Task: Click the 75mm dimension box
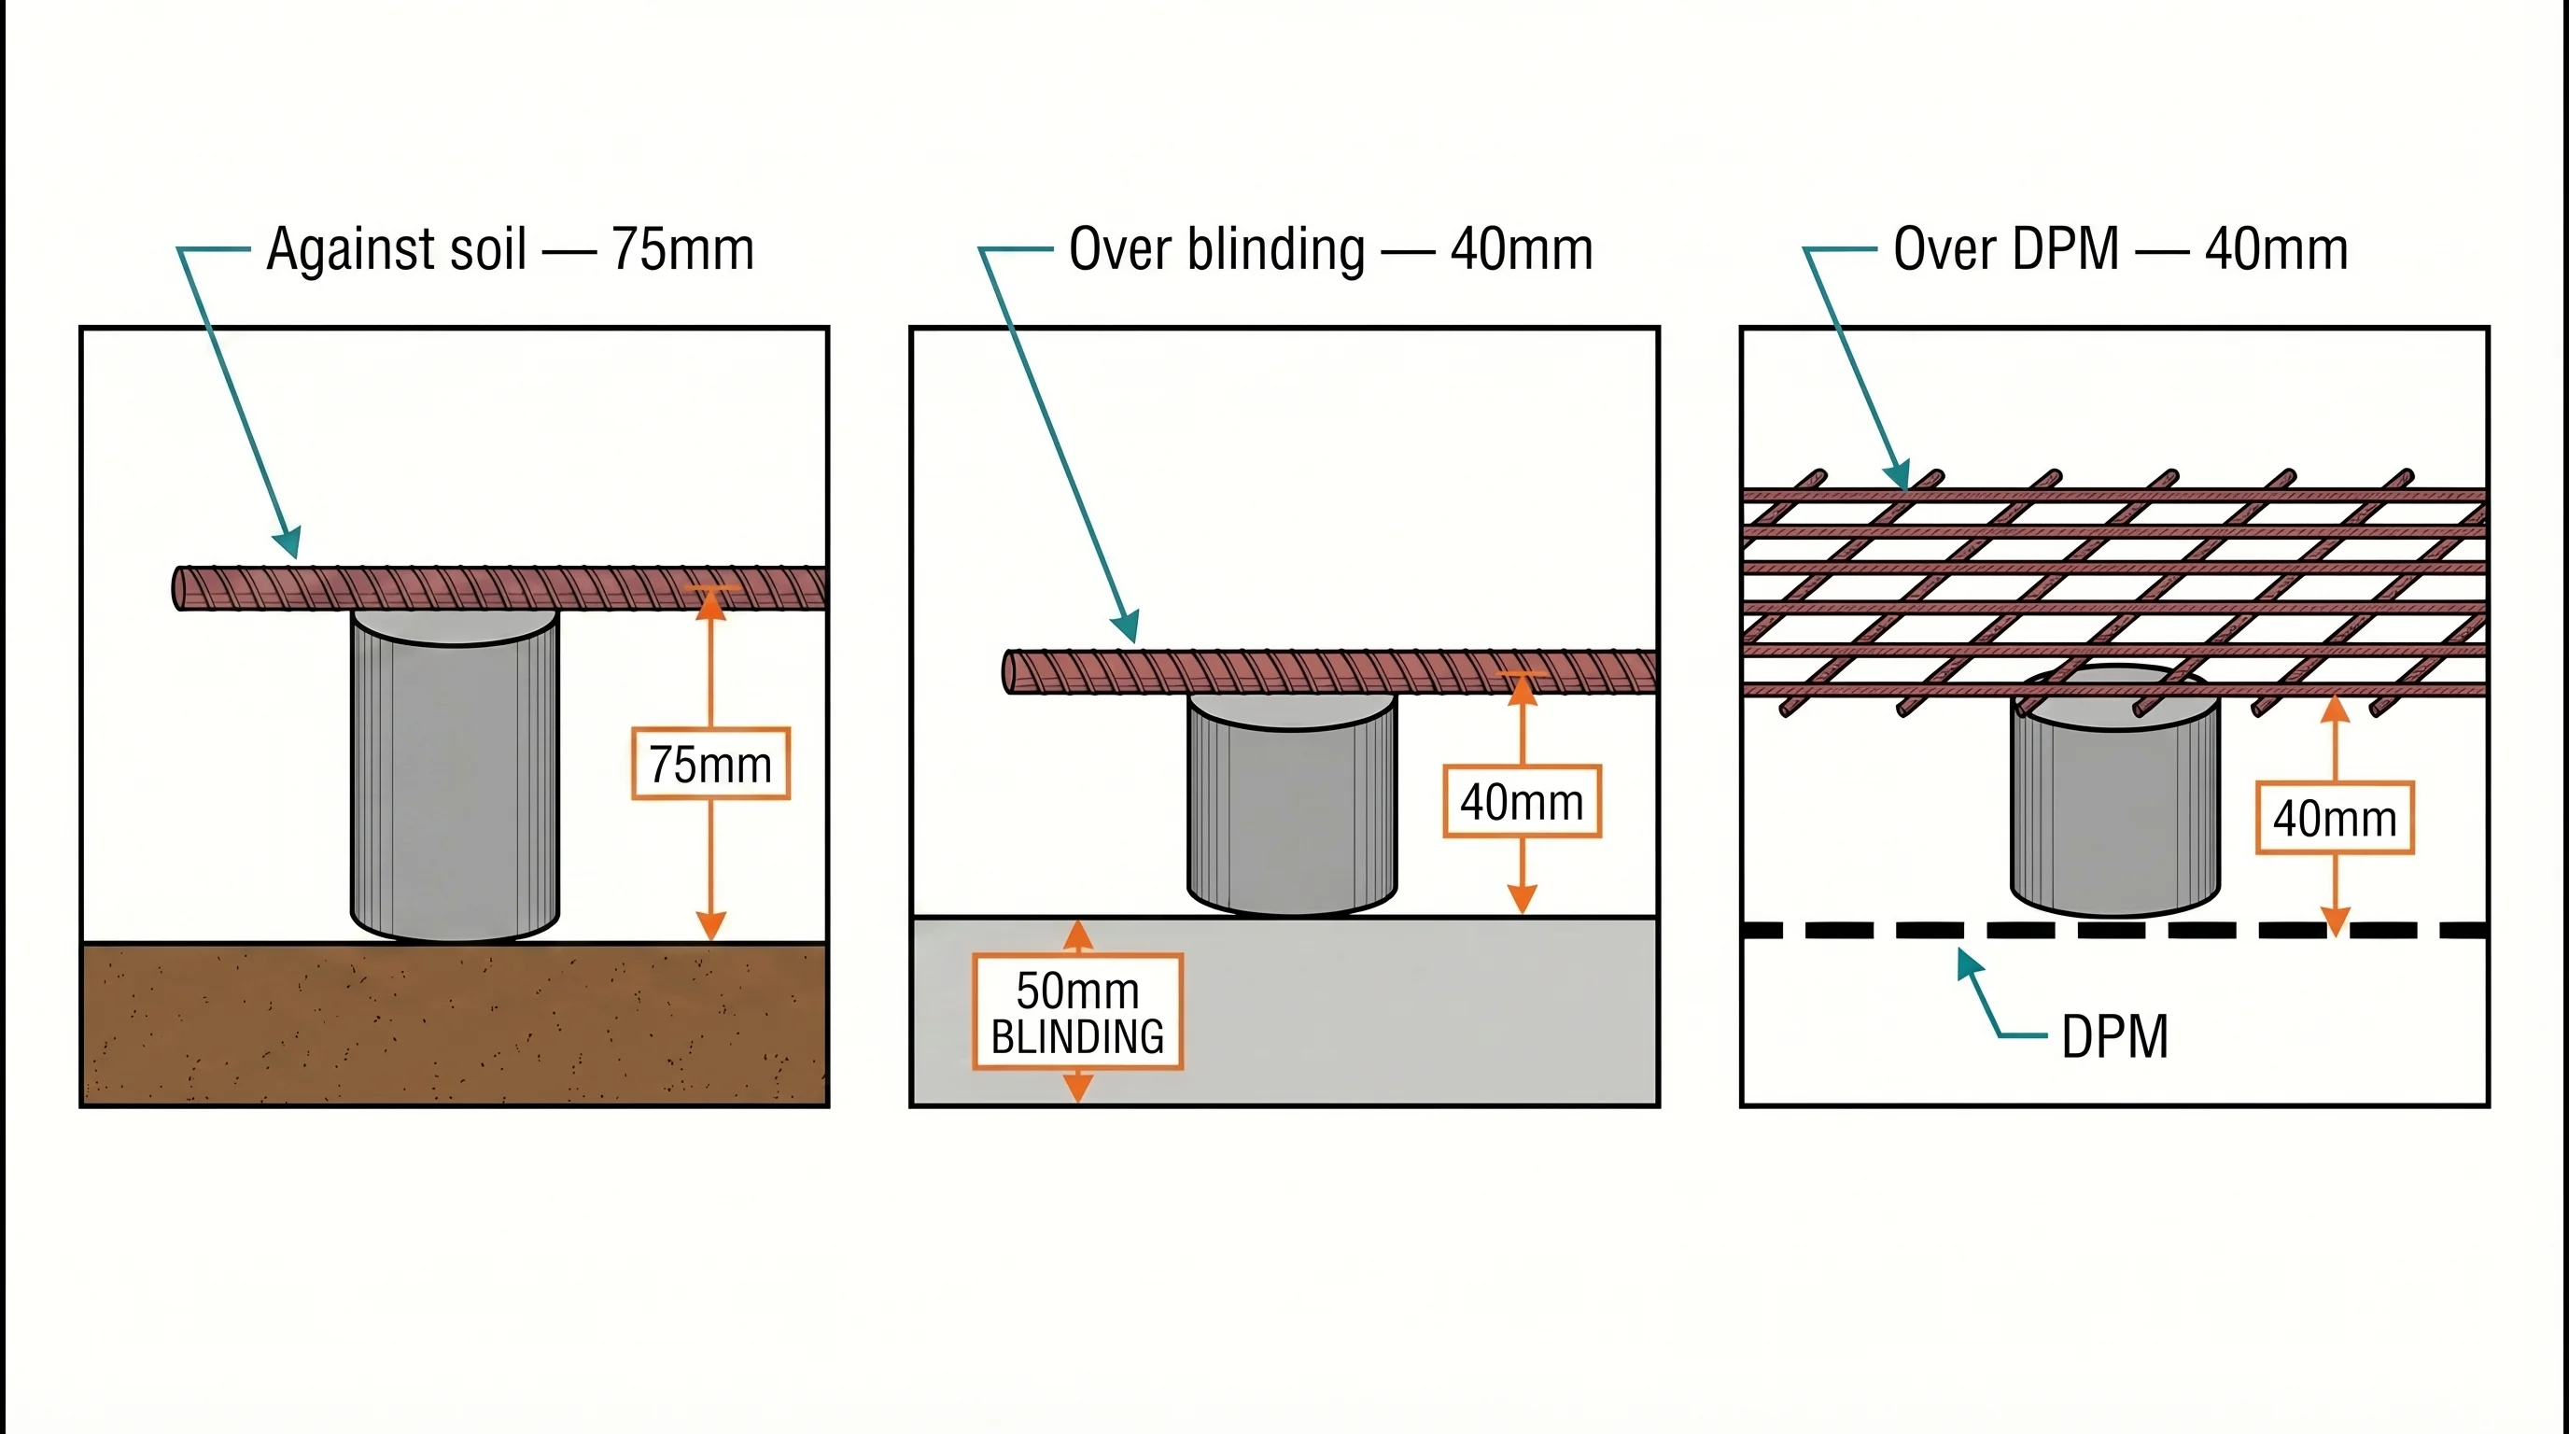[711, 764]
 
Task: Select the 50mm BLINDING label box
[1077, 1012]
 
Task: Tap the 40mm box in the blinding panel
[1522, 802]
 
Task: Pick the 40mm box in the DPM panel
[2335, 819]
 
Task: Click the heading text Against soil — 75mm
[510, 249]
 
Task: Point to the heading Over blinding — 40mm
[1330, 249]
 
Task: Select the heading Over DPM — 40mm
[2120, 249]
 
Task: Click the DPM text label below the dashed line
[2114, 1037]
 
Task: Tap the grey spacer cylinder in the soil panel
[455, 778]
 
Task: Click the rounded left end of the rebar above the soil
[180, 588]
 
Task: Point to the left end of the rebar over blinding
[1009, 672]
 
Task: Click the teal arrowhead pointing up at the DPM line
[1967, 963]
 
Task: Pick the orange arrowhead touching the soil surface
[710, 926]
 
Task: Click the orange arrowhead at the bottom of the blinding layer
[1077, 1089]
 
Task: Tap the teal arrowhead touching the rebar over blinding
[1126, 627]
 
